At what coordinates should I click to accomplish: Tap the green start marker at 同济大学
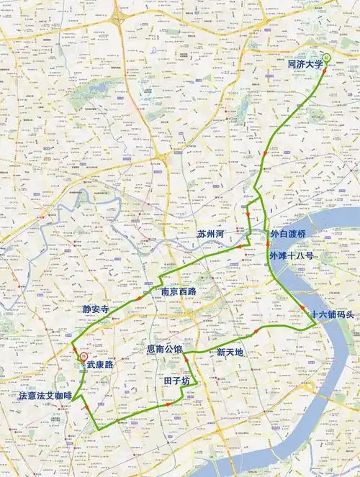point(326,56)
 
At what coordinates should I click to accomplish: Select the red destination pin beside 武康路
point(84,355)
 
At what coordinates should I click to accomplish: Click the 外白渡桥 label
point(288,235)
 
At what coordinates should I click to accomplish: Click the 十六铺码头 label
point(330,315)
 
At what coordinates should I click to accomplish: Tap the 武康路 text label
point(100,365)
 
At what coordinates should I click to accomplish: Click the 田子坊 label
point(175,379)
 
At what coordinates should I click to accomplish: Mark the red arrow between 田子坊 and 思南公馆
point(185,359)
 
